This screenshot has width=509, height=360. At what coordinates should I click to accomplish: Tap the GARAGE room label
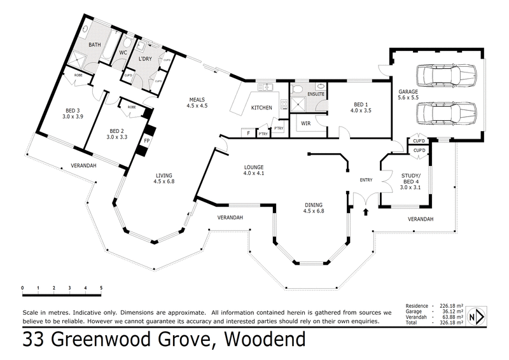[408, 92]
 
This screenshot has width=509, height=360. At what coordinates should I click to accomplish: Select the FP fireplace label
[146, 140]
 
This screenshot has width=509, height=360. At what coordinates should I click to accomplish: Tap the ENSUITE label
[316, 94]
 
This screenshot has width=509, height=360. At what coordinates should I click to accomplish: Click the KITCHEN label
[262, 107]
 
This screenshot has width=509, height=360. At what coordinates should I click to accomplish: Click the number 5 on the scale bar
[101, 288]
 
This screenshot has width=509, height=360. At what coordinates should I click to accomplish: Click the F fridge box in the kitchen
[248, 134]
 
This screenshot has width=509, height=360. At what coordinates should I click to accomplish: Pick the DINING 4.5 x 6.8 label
[314, 207]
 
